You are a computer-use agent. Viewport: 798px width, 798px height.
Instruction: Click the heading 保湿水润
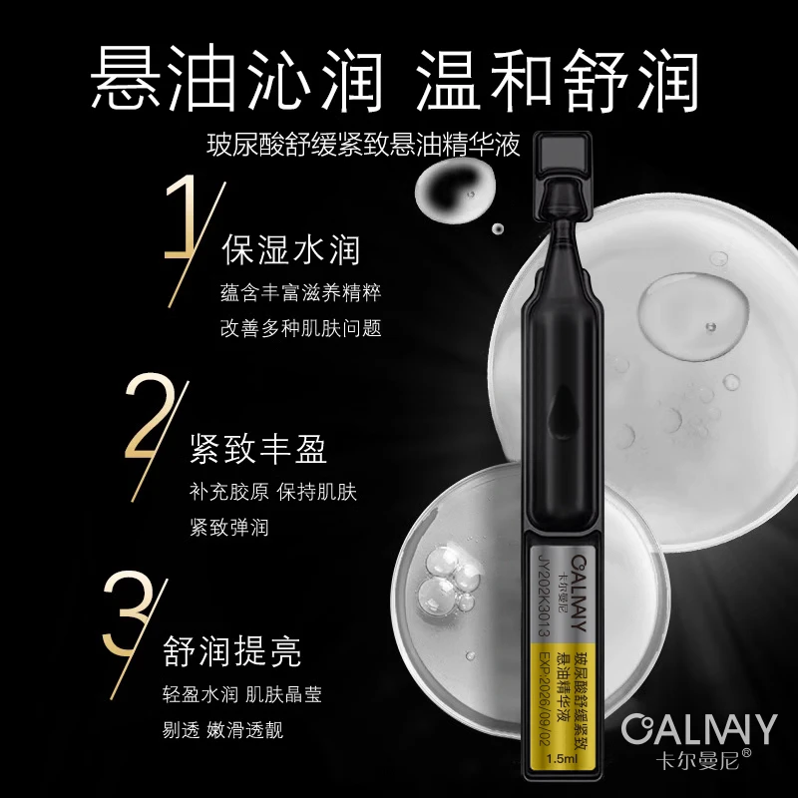[291, 250]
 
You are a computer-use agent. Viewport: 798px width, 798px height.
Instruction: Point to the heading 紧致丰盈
[258, 449]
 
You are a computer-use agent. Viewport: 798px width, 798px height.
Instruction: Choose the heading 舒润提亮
[232, 651]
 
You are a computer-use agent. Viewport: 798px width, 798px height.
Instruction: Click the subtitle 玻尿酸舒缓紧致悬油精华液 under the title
[364, 146]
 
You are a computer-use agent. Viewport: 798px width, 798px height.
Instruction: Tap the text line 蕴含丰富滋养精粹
[301, 293]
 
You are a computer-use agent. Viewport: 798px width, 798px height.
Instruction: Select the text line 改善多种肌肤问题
[301, 328]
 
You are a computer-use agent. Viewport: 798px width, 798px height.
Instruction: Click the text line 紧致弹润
[229, 528]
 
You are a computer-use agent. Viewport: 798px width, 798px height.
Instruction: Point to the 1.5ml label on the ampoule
[562, 759]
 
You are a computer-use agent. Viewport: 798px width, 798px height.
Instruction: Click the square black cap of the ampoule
[563, 153]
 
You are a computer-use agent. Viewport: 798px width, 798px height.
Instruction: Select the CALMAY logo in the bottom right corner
[699, 729]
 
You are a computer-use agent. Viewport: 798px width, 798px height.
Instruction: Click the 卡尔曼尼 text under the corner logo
[697, 759]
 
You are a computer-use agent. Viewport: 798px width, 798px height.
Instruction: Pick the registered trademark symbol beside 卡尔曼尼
[746, 753]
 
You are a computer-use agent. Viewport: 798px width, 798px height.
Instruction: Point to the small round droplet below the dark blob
[497, 228]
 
